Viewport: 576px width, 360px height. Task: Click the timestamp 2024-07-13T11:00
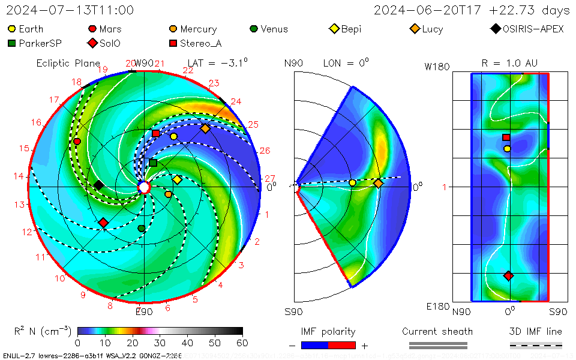click(x=70, y=10)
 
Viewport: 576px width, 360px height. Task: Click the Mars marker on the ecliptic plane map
click(x=77, y=141)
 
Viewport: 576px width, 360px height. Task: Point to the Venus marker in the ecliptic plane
click(x=142, y=229)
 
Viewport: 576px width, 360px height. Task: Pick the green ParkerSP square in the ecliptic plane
click(x=153, y=163)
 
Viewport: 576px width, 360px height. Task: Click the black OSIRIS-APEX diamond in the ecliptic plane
click(x=98, y=185)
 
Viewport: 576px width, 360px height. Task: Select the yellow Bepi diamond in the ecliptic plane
click(x=177, y=179)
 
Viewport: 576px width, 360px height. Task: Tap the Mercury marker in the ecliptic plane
click(x=168, y=194)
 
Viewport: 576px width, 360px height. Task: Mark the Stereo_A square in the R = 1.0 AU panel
click(x=506, y=137)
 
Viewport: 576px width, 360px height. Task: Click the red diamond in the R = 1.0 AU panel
click(x=508, y=275)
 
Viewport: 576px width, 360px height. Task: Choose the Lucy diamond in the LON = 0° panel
click(x=378, y=183)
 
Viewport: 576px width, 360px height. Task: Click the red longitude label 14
click(x=19, y=176)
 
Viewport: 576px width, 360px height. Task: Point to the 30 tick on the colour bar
click(x=160, y=343)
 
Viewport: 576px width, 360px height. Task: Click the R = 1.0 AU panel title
click(x=509, y=62)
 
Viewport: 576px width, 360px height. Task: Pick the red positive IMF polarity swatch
click(x=342, y=345)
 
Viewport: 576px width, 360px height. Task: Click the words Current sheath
click(x=437, y=331)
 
